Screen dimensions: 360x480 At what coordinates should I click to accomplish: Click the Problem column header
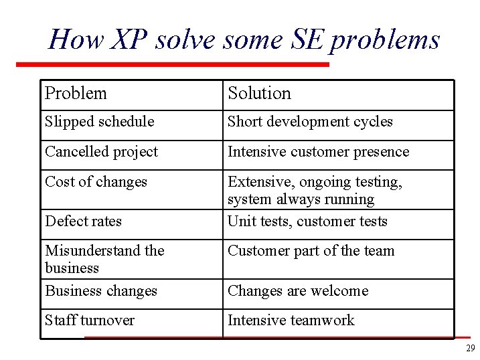pos(76,93)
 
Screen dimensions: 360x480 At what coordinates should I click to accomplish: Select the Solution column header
pos(259,93)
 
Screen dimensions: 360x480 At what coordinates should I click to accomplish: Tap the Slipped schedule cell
pos(99,122)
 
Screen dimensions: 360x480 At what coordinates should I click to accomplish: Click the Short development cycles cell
pos(310,122)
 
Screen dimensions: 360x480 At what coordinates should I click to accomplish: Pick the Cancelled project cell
pos(101,152)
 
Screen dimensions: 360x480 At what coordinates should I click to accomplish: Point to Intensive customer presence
pos(318,152)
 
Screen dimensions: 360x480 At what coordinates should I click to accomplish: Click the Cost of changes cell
pos(96,181)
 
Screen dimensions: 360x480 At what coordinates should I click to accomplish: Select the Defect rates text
pos(83,221)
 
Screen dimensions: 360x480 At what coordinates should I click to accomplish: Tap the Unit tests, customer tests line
pos(307,221)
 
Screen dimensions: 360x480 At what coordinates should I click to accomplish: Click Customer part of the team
pos(311,251)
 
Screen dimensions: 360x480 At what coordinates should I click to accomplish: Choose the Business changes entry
pos(100,291)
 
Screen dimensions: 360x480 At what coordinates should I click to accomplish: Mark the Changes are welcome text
pos(298,291)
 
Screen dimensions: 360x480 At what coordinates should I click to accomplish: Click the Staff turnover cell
pos(89,321)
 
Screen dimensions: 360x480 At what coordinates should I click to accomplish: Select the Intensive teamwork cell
pos(291,321)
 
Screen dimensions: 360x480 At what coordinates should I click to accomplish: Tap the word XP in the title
pos(129,40)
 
